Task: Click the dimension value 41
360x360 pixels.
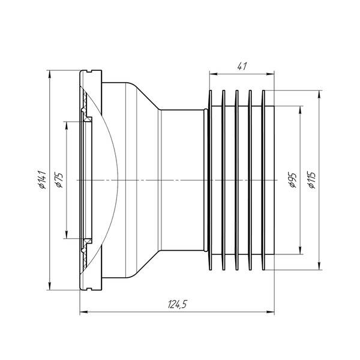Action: click(242, 67)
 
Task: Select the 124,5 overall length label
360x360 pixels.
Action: click(178, 304)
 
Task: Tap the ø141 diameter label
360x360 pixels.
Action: click(43, 179)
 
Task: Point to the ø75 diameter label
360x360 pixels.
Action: click(59, 180)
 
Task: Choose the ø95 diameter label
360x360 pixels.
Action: click(293, 180)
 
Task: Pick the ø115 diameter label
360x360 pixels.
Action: click(312, 180)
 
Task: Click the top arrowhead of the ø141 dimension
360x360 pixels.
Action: click(50, 74)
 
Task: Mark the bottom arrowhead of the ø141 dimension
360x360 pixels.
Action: click(50, 286)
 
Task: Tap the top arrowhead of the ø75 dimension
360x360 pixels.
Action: click(67, 125)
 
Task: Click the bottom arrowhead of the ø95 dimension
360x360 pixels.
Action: click(300, 250)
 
